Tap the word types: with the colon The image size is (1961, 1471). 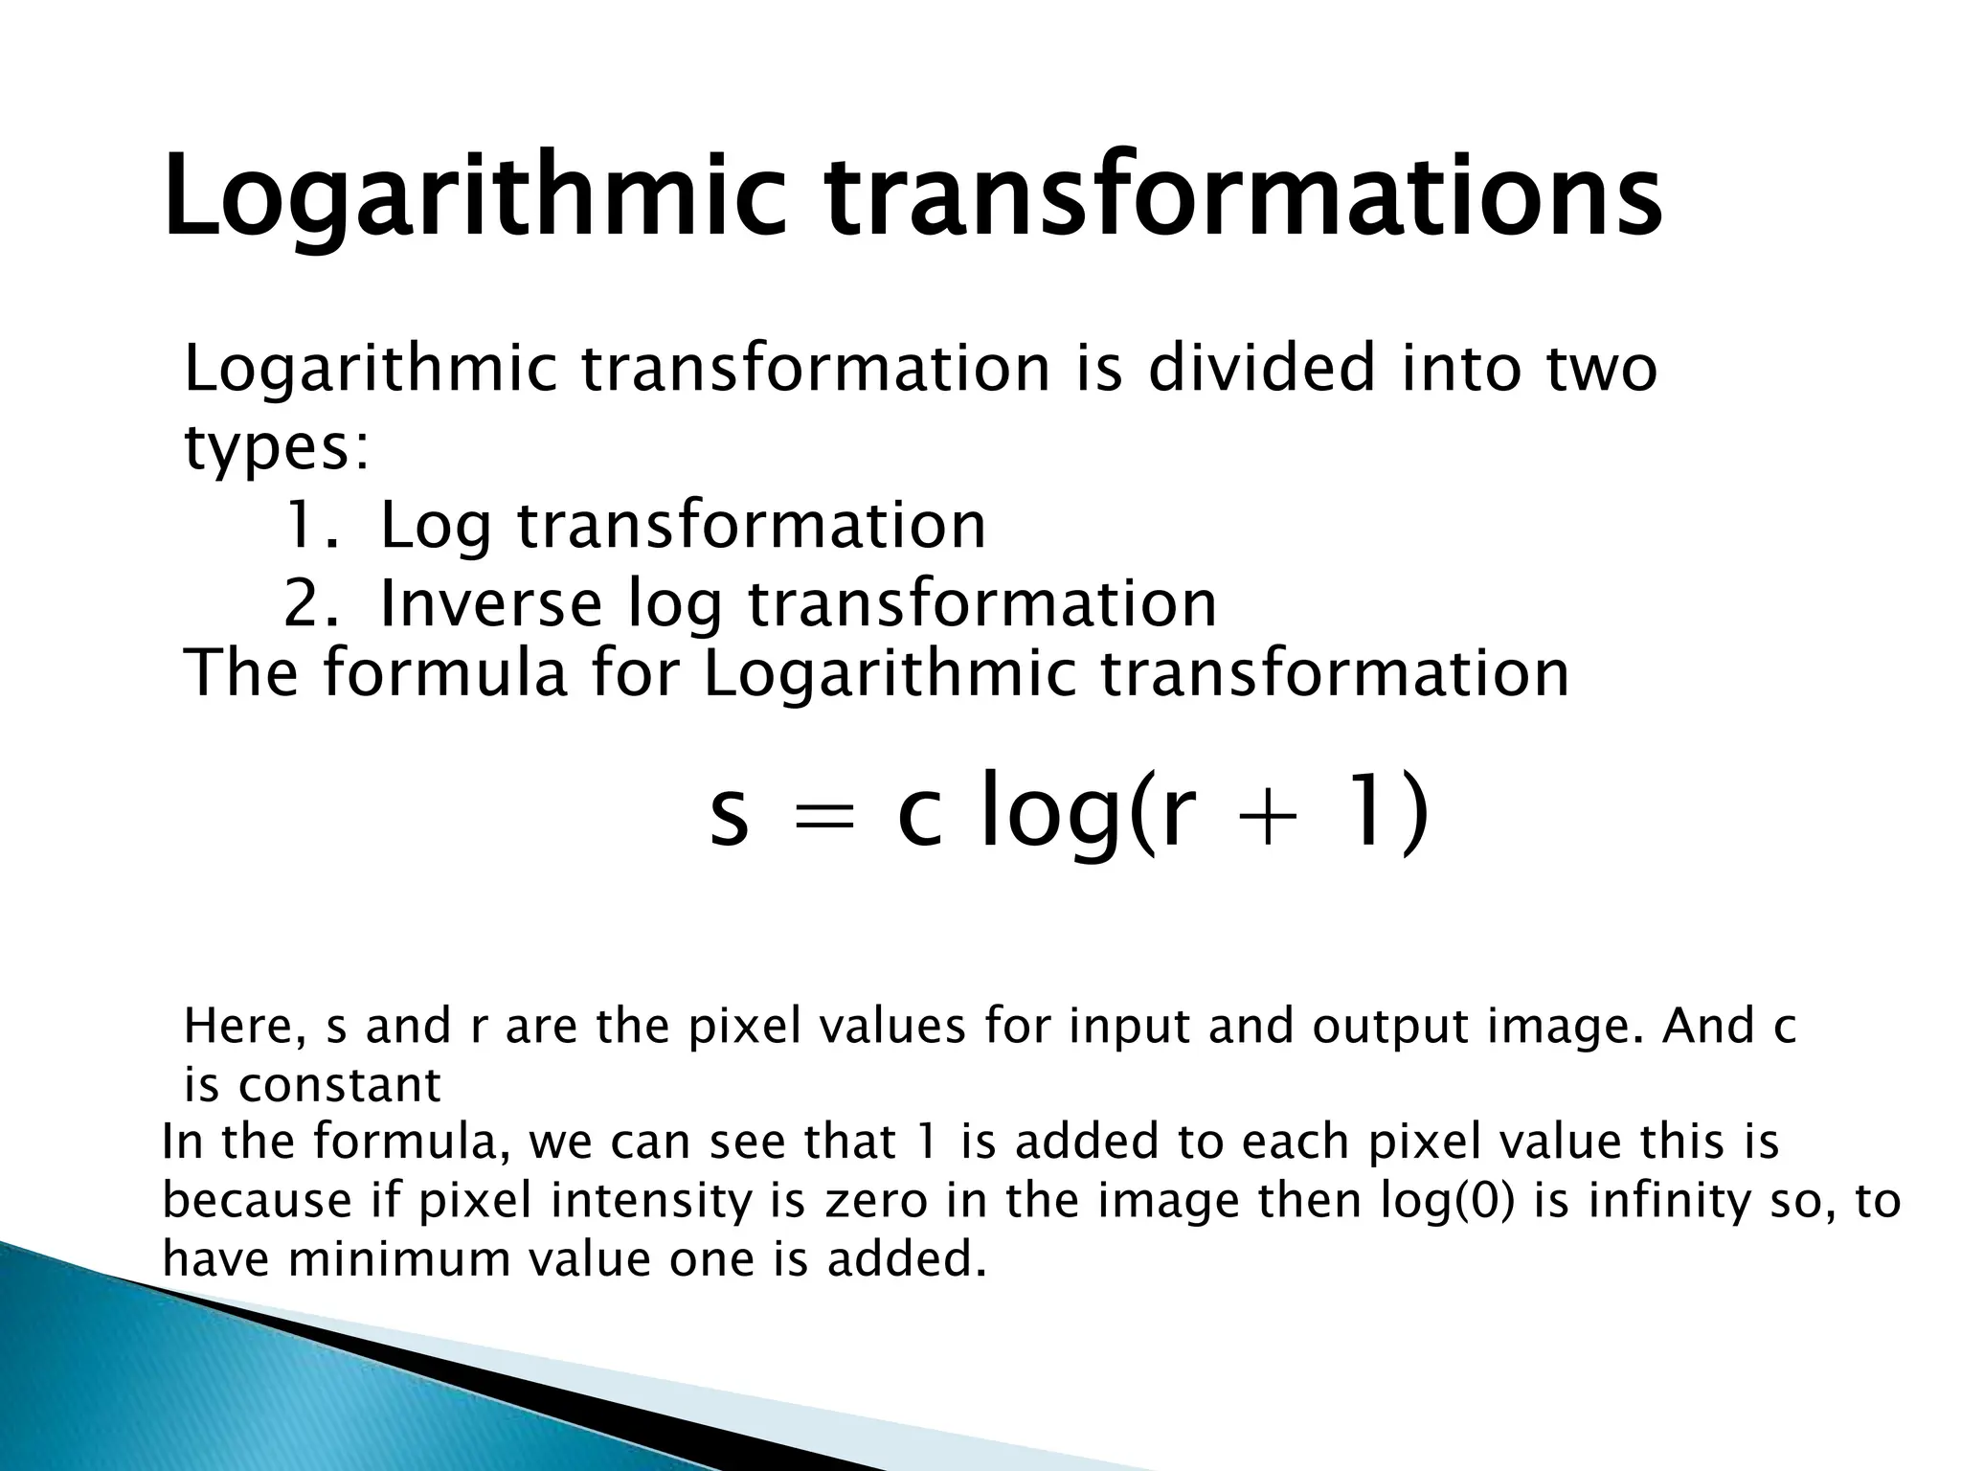point(276,448)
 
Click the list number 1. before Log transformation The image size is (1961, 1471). point(311,526)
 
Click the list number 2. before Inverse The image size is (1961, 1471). point(311,604)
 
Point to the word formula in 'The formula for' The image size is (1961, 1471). point(445,673)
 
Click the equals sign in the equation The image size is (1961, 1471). point(823,819)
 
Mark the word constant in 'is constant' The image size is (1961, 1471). point(339,1086)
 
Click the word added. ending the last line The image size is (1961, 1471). point(906,1259)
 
